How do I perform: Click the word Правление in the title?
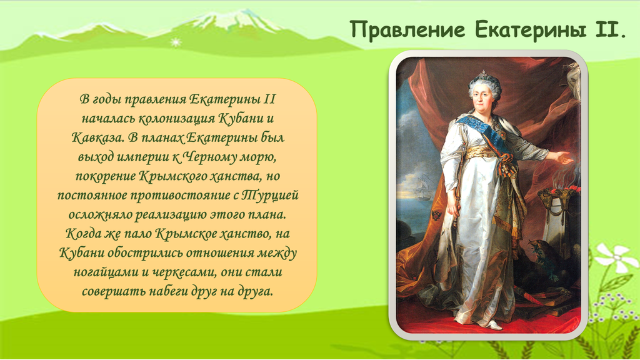click(407, 30)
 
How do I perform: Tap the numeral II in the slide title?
click(610, 30)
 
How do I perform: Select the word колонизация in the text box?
click(176, 119)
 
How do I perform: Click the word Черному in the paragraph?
click(210, 157)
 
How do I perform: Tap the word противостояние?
click(180, 196)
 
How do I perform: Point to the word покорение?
click(105, 176)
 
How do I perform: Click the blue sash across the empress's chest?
click(488, 133)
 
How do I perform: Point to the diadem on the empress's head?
click(484, 75)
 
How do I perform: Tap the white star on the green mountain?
click(176, 42)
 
